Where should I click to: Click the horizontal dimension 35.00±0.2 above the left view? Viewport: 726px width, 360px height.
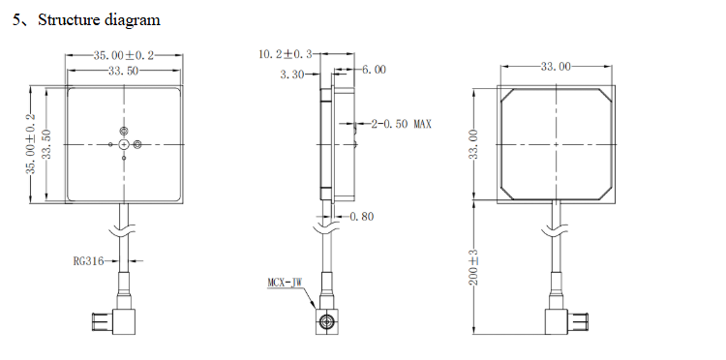pyautogui.click(x=123, y=56)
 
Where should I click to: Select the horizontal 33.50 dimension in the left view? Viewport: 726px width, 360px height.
pyautogui.click(x=122, y=71)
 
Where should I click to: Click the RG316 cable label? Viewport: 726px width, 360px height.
pyautogui.click(x=88, y=260)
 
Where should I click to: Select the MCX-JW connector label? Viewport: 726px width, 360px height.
pyautogui.click(x=287, y=283)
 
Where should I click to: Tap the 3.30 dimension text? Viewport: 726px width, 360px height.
pyautogui.click(x=291, y=75)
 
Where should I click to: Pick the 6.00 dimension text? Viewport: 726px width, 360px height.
pyautogui.click(x=374, y=71)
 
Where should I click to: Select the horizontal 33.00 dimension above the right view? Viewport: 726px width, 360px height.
pyautogui.click(x=555, y=66)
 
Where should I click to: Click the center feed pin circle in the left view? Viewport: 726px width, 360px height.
pyautogui.click(x=124, y=145)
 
